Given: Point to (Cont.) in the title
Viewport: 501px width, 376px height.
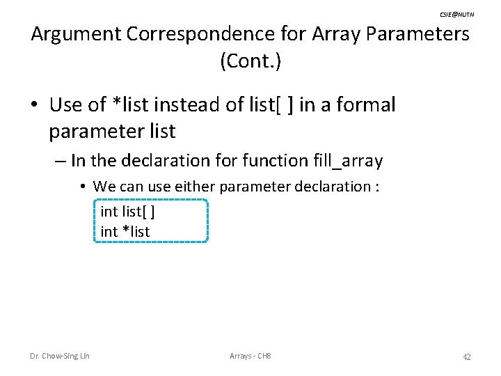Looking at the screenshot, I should click(250, 61).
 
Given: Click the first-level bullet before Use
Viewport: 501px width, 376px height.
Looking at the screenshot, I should click(34, 106).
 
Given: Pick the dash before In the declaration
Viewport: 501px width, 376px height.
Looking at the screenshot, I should click(59, 162).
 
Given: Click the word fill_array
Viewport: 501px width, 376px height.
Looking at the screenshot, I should click(344, 162).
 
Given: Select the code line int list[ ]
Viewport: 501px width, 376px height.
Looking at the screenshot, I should click(127, 210).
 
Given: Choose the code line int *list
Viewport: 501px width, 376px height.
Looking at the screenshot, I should click(125, 231).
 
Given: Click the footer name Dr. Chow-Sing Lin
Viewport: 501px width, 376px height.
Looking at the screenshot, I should click(60, 357).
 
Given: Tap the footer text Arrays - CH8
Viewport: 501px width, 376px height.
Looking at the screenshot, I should click(250, 357).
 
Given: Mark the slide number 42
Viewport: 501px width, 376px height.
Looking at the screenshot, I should click(467, 357).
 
